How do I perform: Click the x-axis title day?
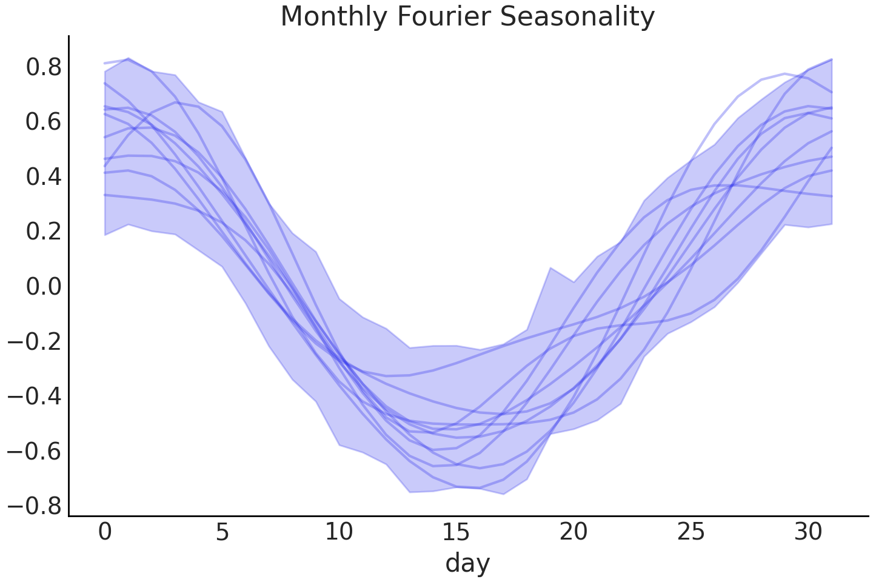pyautogui.click(x=467, y=563)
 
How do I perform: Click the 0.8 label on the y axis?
pyautogui.click(x=44, y=67)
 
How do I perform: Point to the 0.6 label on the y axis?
pyautogui.click(x=44, y=122)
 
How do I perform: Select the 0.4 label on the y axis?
pyautogui.click(x=44, y=176)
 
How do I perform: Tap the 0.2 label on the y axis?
pyautogui.click(x=44, y=231)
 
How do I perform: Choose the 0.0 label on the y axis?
pyautogui.click(x=44, y=286)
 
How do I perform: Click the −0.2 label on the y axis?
pyautogui.click(x=35, y=341)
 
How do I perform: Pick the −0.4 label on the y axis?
pyautogui.click(x=35, y=396)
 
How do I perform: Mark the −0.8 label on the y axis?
pyautogui.click(x=35, y=505)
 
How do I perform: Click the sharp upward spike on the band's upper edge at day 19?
pyautogui.click(x=550, y=268)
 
